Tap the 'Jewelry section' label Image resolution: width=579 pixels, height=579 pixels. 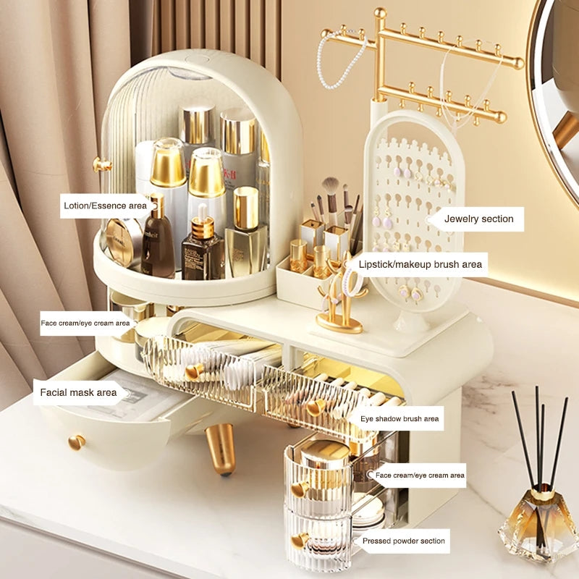coord(478,219)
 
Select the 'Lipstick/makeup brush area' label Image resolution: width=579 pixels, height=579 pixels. coord(420,264)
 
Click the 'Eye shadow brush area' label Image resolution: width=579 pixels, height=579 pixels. coord(400,418)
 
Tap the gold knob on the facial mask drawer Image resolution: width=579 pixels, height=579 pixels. coord(76,441)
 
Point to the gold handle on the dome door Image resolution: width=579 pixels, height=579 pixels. coord(101,164)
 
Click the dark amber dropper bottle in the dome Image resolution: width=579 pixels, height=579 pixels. coord(203,250)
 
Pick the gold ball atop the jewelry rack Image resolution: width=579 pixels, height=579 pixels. coord(380,13)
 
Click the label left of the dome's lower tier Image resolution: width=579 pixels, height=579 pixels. coord(85,323)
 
